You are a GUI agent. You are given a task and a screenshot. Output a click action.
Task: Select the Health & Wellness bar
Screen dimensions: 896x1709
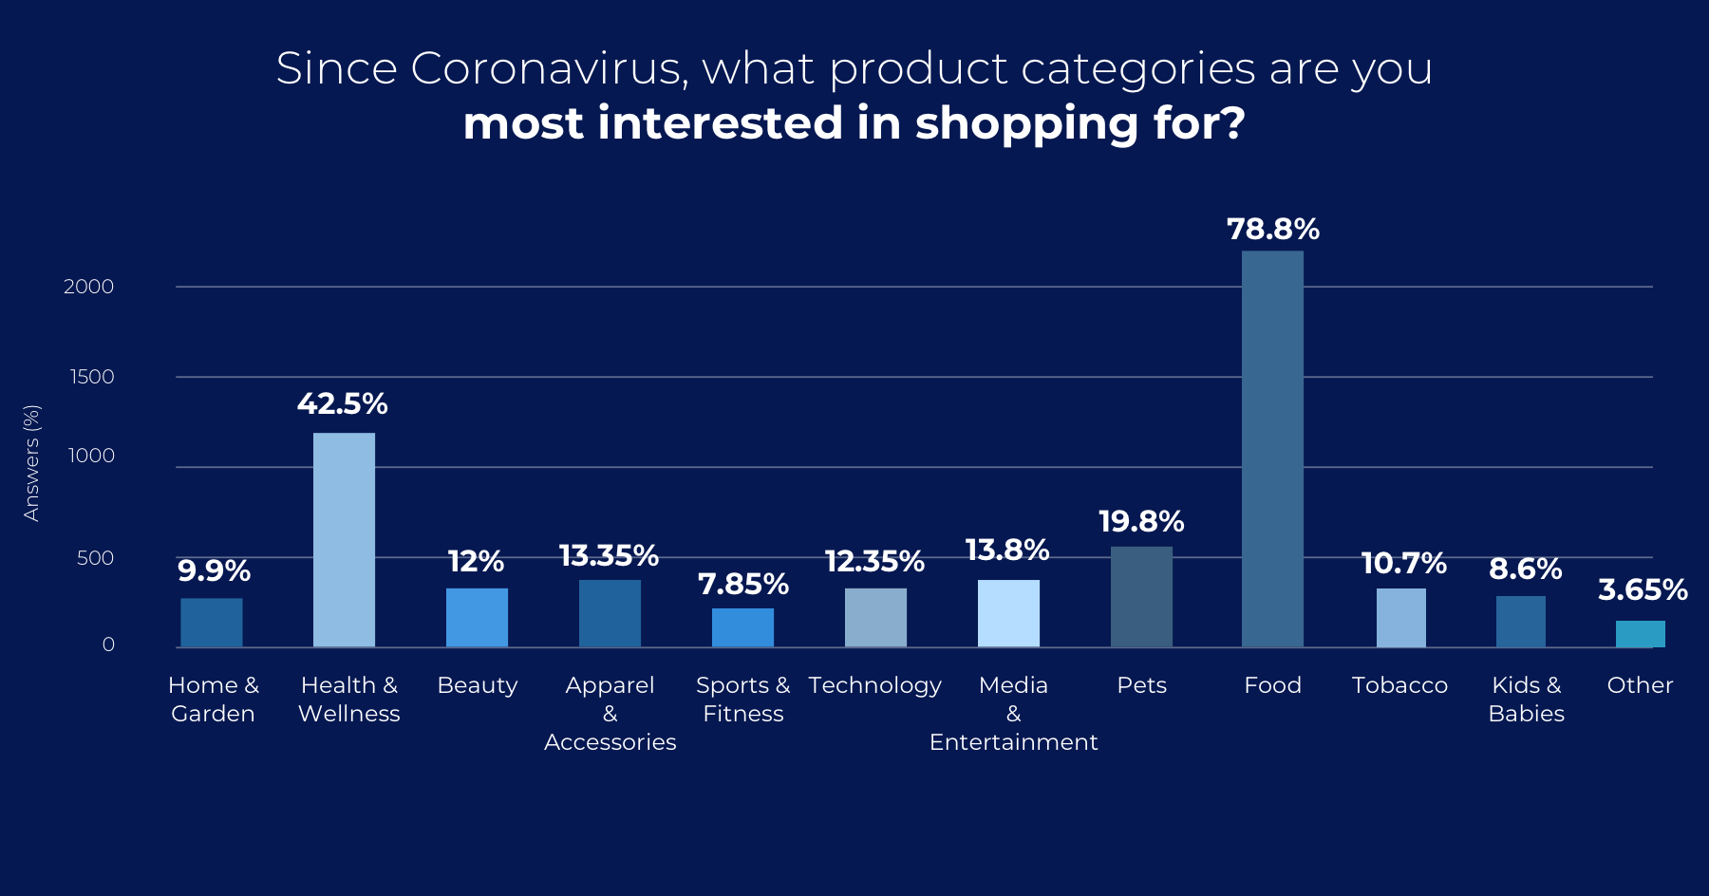(344, 540)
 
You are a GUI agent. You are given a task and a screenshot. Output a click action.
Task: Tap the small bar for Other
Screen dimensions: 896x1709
(1640, 634)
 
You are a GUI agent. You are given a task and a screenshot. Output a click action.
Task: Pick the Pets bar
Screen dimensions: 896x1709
(1141, 597)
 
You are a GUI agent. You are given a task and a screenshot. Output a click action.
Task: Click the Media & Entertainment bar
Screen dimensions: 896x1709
(1008, 613)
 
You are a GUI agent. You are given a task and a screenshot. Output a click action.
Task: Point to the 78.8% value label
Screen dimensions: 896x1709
(1272, 229)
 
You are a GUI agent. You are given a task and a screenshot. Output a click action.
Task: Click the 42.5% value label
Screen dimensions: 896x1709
(342, 403)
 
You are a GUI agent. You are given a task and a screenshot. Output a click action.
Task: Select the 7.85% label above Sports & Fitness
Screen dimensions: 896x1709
(742, 584)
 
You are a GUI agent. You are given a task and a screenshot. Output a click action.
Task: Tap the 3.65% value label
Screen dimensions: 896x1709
(1643, 589)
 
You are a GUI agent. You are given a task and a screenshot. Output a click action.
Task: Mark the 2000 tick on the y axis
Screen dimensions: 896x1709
(88, 287)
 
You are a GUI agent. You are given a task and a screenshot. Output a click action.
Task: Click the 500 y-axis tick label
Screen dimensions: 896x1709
(95, 558)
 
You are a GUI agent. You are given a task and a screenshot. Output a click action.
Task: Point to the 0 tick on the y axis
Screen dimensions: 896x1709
(108, 644)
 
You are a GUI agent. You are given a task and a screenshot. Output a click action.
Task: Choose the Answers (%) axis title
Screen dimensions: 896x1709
(31, 463)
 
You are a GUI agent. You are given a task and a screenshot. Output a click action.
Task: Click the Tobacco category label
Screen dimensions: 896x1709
(1399, 685)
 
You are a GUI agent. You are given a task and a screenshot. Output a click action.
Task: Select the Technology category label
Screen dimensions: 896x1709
(874, 685)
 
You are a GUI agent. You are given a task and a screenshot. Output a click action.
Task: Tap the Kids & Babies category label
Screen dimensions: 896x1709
(1526, 700)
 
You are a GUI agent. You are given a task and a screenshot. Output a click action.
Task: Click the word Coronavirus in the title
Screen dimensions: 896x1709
(547, 68)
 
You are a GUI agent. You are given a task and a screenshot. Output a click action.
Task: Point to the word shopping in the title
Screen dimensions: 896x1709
(1027, 123)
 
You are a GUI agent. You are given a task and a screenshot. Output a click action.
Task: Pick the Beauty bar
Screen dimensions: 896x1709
(477, 618)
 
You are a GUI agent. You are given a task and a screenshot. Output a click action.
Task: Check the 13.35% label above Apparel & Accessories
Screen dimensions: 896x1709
(609, 555)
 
